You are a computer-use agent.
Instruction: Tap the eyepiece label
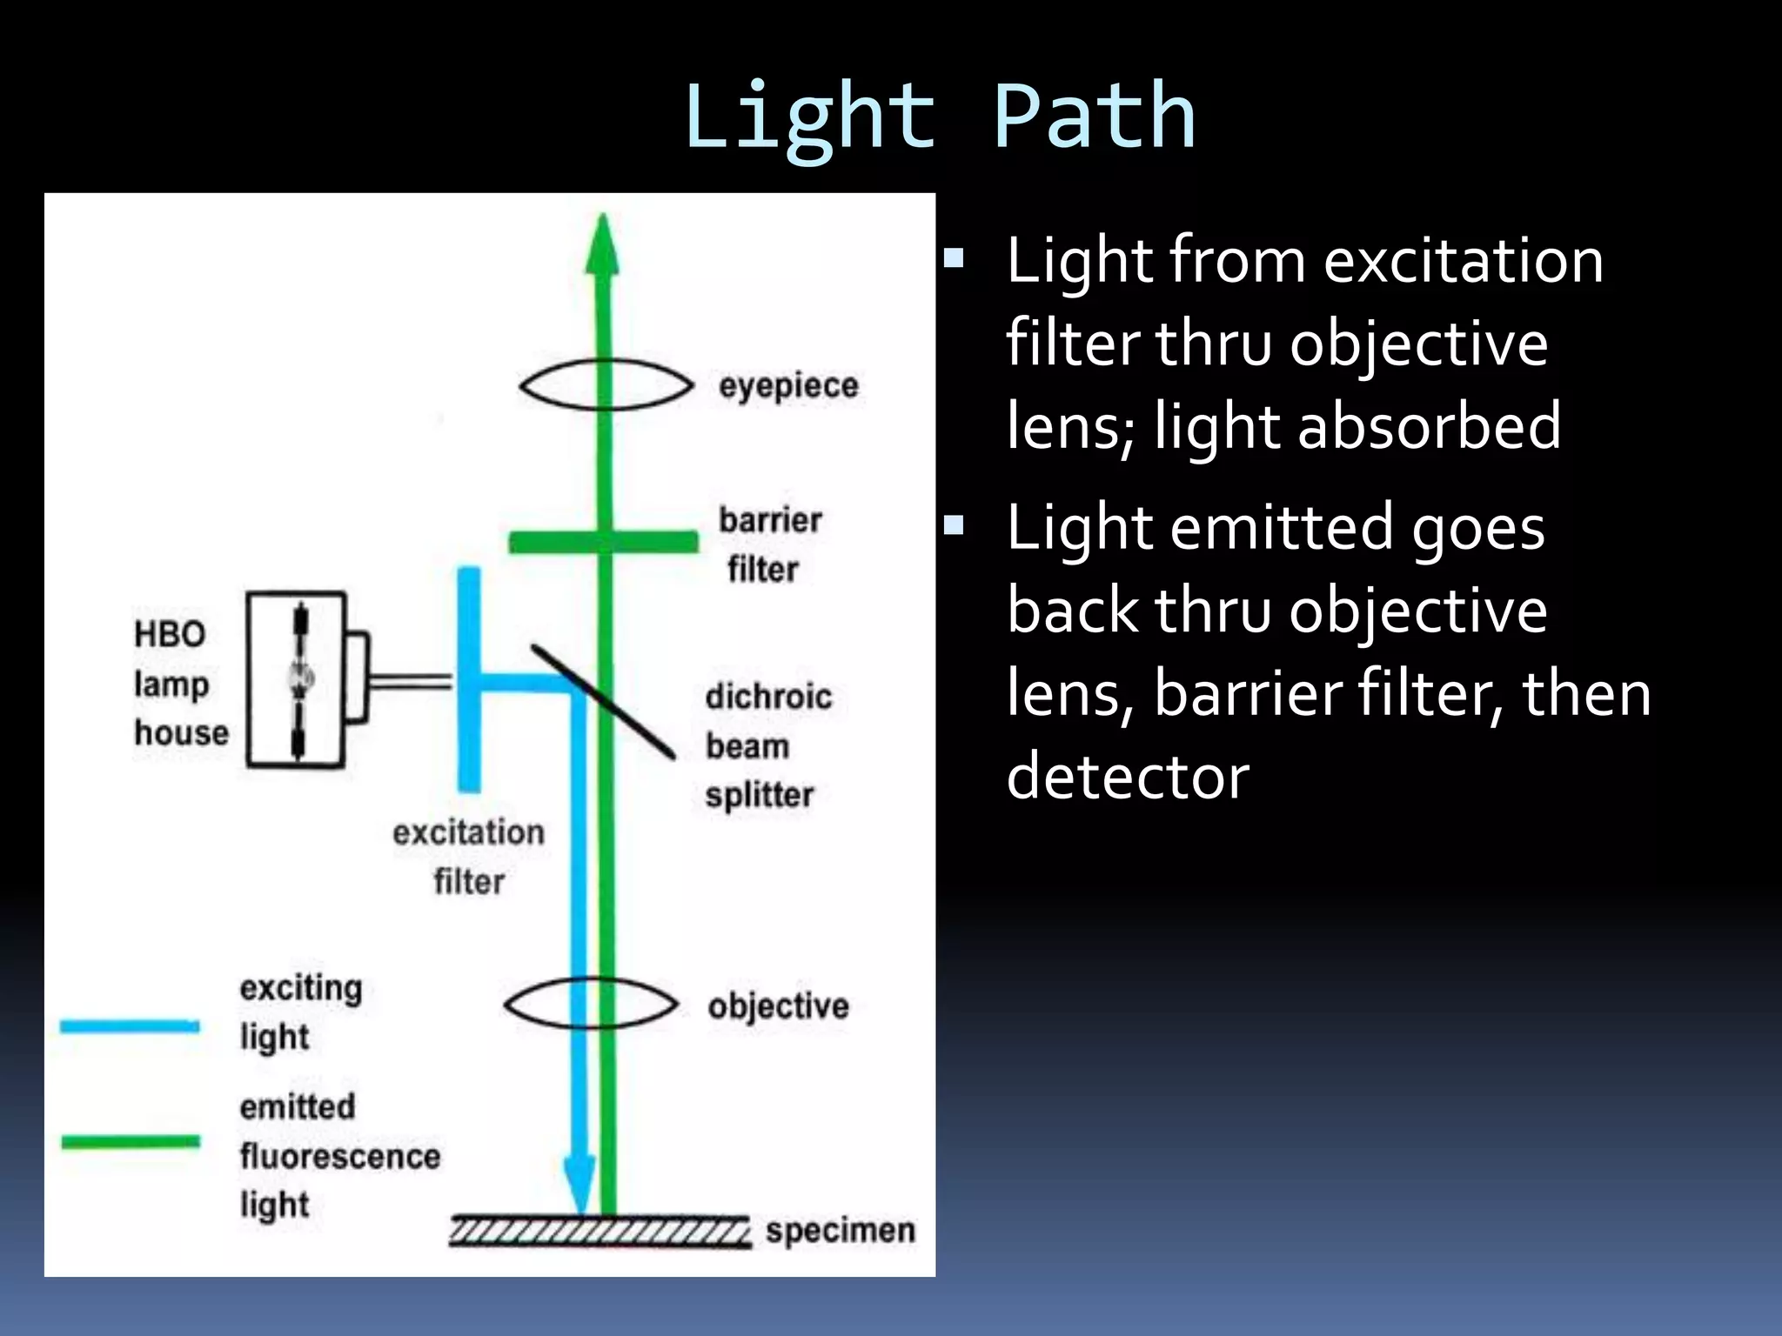pos(788,385)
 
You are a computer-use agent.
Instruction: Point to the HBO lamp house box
pos(296,679)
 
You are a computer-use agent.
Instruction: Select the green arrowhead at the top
pos(602,248)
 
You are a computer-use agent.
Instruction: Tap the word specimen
pos(840,1231)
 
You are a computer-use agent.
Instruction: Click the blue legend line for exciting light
pos(130,1026)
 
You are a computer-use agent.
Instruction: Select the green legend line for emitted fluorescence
pos(131,1142)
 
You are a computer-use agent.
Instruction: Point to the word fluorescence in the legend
pos(340,1156)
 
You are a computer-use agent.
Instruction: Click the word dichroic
pos(768,697)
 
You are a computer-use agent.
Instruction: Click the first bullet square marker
pos(955,258)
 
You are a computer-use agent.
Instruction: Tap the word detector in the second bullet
pos(1128,776)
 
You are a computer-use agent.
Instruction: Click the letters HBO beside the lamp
pos(170,633)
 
